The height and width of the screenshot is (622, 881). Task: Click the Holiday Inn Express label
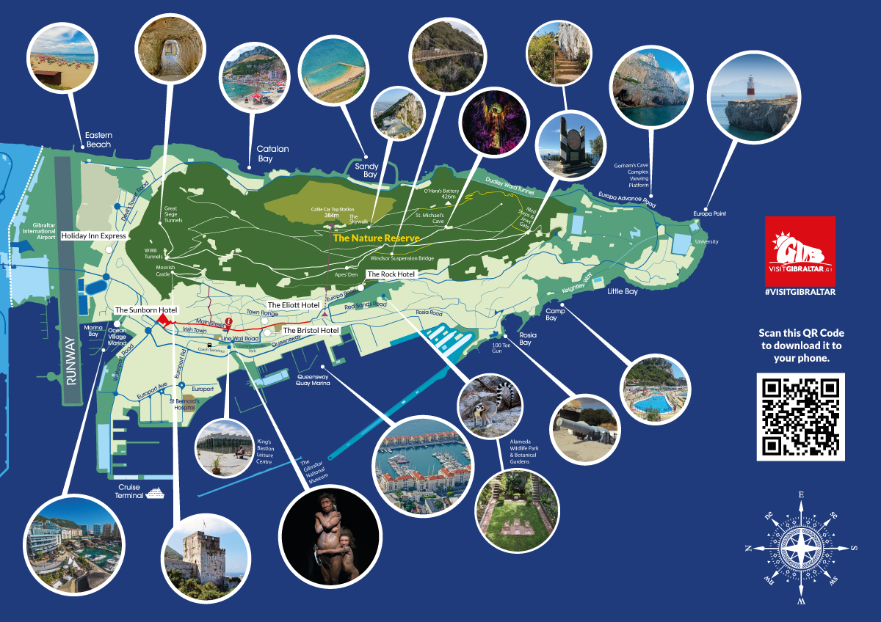93,236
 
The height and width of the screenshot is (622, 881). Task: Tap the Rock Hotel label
391,274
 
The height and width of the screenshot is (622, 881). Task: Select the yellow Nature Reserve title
376,238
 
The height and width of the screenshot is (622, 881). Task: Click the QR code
800,417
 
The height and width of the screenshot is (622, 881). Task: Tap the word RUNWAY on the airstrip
71,359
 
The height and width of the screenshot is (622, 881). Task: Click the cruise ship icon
155,493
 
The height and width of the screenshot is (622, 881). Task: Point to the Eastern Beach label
98,139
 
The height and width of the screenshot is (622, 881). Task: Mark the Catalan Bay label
272,153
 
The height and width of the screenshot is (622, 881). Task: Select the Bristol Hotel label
311,330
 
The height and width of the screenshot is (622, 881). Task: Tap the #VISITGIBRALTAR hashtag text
800,291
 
